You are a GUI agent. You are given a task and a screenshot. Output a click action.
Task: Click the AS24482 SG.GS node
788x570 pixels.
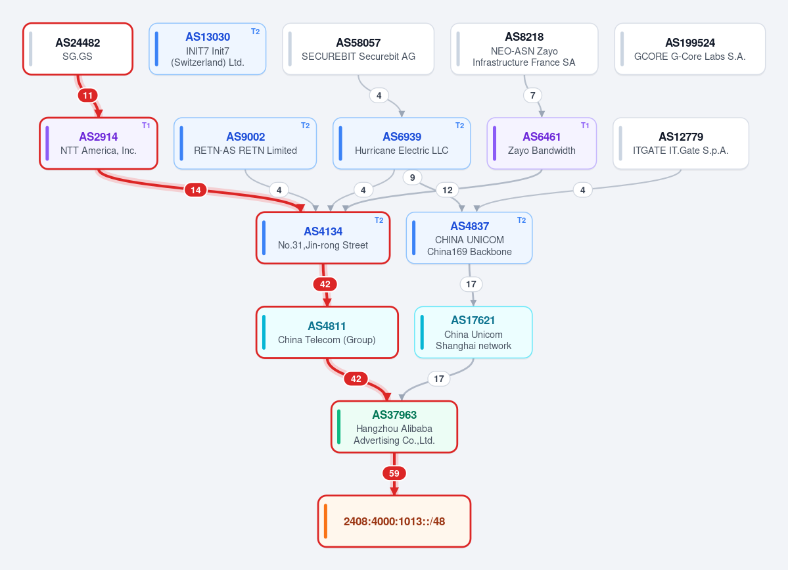tap(78, 49)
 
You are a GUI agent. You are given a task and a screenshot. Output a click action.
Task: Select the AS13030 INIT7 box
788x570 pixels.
tap(208, 49)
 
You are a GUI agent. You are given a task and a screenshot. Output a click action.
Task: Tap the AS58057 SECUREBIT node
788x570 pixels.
tap(358, 49)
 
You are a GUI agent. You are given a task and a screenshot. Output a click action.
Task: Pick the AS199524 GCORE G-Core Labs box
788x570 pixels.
tap(690, 49)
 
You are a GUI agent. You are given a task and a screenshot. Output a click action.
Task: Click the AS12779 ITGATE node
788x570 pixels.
tap(681, 143)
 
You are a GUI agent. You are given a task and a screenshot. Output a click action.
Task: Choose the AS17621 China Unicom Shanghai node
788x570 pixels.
tap(473, 332)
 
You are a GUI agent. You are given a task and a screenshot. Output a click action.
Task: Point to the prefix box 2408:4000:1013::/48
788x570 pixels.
tap(394, 521)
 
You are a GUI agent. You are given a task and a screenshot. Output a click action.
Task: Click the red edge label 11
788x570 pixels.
tap(88, 95)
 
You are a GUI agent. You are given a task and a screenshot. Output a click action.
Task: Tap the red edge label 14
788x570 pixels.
tap(195, 190)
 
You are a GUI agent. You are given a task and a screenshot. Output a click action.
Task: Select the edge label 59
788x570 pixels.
tap(394, 473)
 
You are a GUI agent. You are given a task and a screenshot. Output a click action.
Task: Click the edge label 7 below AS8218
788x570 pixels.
tap(533, 95)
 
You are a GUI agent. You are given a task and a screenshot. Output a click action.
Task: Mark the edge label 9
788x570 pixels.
tap(413, 178)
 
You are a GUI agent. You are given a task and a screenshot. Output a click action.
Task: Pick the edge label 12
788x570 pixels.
tap(448, 190)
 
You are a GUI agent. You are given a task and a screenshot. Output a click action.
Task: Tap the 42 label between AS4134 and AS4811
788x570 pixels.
tap(325, 285)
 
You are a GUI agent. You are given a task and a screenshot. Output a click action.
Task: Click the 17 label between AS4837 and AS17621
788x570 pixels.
tap(471, 285)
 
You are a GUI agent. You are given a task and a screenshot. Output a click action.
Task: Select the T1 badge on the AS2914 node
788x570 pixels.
tap(147, 126)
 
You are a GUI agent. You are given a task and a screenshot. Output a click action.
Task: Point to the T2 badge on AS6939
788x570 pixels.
tap(460, 126)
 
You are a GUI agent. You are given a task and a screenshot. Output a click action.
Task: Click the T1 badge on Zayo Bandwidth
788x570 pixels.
tap(585, 126)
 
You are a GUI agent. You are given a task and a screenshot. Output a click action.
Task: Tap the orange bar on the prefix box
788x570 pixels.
tap(326, 521)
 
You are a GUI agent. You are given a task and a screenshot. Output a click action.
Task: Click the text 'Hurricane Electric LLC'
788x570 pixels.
tap(402, 151)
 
